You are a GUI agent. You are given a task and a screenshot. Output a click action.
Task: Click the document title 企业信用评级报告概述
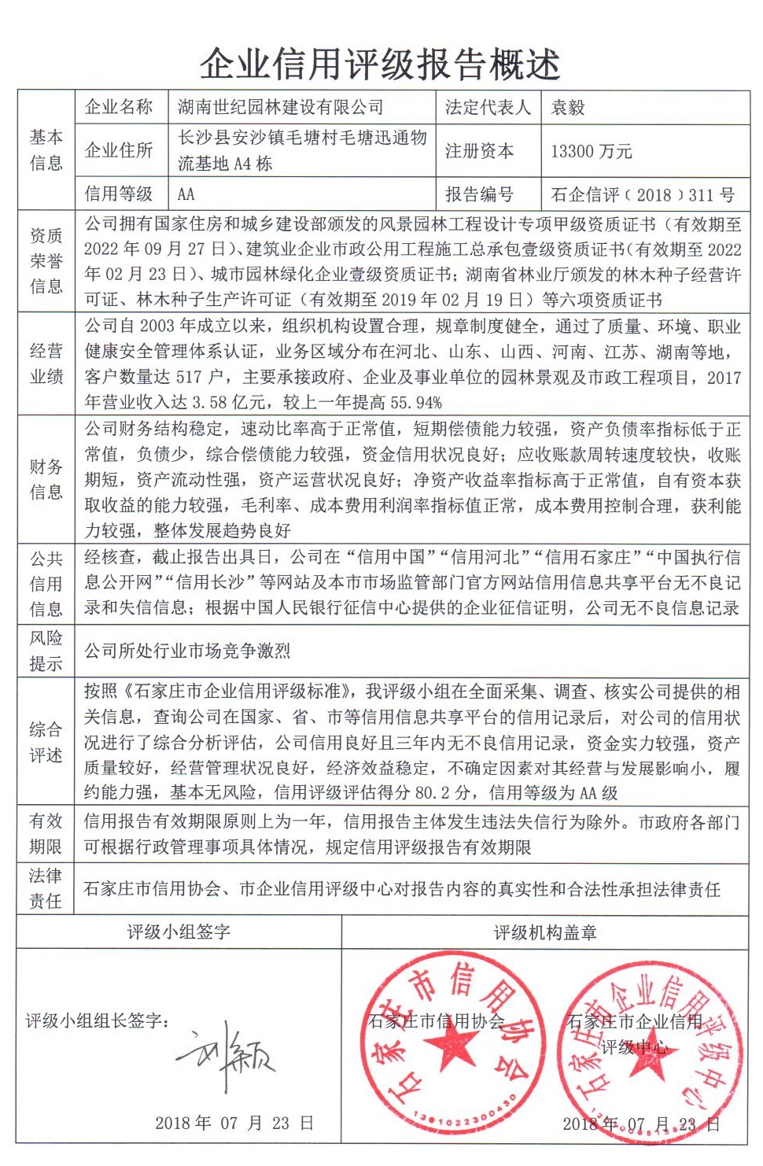coord(380,64)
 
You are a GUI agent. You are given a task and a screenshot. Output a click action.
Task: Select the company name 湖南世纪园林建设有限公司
coord(281,107)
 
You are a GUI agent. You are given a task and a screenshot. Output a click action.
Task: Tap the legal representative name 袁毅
coord(567,107)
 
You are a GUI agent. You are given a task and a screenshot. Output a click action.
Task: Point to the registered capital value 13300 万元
coord(591,151)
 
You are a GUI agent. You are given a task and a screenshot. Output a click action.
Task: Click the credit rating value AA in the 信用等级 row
coord(186,194)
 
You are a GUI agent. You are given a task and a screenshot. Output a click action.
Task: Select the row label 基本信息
coord(46,149)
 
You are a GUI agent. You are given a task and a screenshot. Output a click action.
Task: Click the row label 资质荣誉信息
coord(46,260)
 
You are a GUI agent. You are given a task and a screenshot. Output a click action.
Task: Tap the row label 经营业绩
coord(46,363)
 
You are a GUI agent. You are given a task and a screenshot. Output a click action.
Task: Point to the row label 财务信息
coord(46,479)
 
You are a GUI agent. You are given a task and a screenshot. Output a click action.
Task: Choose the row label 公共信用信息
coord(46,583)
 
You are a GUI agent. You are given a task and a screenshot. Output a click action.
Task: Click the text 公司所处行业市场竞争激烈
coord(187,651)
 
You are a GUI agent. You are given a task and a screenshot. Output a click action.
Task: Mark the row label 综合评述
coord(46,742)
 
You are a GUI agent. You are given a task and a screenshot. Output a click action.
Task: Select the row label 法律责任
coord(46,888)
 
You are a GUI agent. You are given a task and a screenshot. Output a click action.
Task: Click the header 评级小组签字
coord(179,932)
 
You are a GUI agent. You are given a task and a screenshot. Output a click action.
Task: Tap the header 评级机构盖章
coord(544,932)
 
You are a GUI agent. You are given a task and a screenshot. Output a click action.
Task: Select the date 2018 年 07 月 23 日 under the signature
coord(234,1123)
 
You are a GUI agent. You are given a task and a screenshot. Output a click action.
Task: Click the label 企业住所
coord(119,150)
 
